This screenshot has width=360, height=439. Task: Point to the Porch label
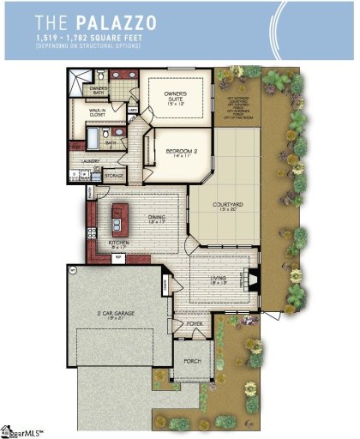point(192,361)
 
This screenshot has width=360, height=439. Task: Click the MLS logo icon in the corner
point(9,430)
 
